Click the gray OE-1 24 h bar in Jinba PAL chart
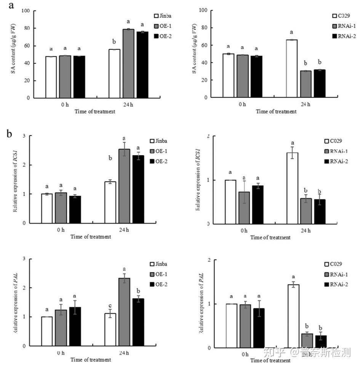click(124, 312)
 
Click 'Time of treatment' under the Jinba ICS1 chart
click(91, 236)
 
